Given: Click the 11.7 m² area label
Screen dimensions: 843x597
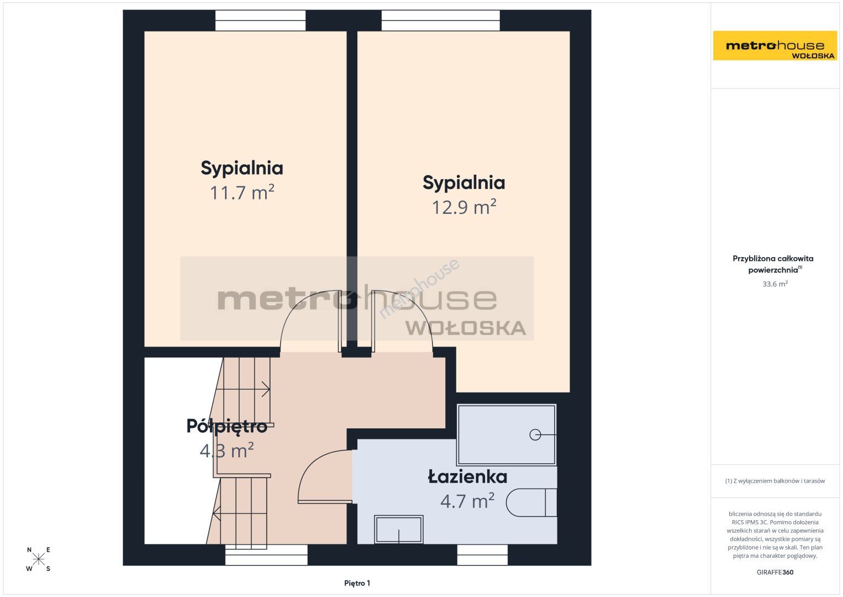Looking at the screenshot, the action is [x=241, y=192].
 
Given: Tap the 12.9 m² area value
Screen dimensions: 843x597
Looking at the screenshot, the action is [x=463, y=207].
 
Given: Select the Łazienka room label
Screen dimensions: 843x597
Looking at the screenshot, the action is [x=467, y=477].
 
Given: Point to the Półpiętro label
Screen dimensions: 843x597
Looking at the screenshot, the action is [x=227, y=426].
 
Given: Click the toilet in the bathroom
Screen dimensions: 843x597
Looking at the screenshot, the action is [x=531, y=502].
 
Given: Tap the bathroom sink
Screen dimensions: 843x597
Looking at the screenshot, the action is [x=398, y=529].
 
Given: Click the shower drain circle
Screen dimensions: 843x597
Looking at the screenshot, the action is [x=535, y=434].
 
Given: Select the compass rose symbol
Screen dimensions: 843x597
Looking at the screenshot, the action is [x=38, y=559].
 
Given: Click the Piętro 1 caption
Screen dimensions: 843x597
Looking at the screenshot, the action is [x=357, y=583].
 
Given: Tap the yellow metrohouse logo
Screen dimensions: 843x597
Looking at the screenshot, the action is [x=774, y=45].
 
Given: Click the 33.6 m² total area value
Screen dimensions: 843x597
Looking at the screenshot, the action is [x=775, y=284].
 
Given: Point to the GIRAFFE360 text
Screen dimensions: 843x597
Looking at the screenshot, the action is [x=775, y=572].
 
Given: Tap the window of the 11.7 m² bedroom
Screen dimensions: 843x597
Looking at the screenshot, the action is [x=260, y=20].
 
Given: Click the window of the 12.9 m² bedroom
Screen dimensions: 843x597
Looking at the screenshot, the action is [x=441, y=20].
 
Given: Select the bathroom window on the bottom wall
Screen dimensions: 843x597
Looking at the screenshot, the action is [x=482, y=555].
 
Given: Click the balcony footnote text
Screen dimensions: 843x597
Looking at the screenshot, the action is [x=775, y=481].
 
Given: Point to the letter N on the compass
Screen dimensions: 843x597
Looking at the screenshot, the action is [x=29, y=550].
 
